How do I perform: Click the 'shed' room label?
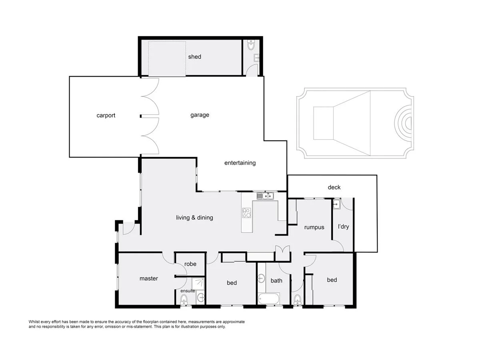195,57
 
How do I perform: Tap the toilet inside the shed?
251,45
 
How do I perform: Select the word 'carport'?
106,116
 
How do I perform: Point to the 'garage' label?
200,115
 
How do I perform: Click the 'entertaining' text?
240,163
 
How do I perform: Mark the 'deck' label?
334,187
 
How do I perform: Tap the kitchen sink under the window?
265,196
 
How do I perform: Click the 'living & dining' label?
194,218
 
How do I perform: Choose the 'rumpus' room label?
314,227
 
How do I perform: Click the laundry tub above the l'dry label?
336,204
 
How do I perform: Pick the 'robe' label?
190,264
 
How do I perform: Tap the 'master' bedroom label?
148,278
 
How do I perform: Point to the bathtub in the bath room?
269,298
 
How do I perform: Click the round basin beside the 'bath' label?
262,278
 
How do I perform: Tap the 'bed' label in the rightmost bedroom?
332,280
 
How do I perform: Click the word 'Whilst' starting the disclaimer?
35,322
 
